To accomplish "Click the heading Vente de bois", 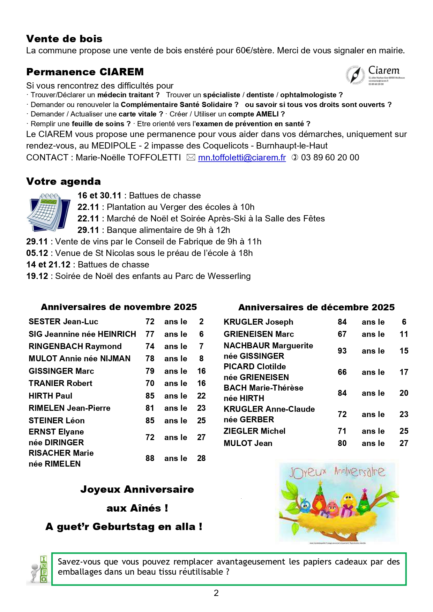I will coord(64,39).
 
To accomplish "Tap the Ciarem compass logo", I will coord(355,75).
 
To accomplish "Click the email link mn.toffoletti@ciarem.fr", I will coord(242,158).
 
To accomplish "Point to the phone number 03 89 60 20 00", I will coord(330,158).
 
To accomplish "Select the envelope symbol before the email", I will coord(191,158).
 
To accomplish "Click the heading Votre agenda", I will coord(63,181).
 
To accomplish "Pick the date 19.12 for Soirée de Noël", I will coord(37,276).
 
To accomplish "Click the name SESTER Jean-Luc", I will coord(63,322).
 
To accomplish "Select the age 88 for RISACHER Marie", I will coord(150,458).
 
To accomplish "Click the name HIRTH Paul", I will coord(50,396).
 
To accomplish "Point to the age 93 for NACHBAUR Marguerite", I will coord(342,351).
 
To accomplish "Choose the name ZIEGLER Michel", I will coord(254,431).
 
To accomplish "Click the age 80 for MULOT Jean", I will coord(342,443).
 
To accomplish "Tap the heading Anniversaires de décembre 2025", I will coord(316,307).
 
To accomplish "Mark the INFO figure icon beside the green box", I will coord(38,569).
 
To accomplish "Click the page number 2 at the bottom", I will coord(216,593).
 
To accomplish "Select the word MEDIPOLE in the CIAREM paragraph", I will coord(114,146).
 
